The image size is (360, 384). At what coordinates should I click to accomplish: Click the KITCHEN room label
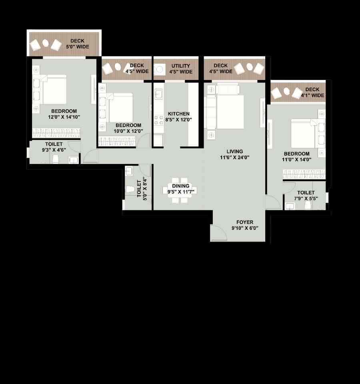(x=179, y=114)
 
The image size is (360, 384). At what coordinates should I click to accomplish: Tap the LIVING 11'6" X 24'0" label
(x=235, y=154)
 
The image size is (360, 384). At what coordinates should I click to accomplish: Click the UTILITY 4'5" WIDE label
(x=181, y=69)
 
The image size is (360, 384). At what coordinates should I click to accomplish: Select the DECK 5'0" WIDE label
(x=77, y=44)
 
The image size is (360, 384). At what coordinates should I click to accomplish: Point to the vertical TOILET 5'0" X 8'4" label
(x=142, y=189)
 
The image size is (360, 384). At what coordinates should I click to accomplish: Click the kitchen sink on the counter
(x=158, y=94)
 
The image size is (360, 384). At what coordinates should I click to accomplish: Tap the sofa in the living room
(x=211, y=112)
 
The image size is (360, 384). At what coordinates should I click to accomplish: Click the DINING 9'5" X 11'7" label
(x=181, y=189)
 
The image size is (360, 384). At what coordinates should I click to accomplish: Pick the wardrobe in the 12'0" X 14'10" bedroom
(x=56, y=132)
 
